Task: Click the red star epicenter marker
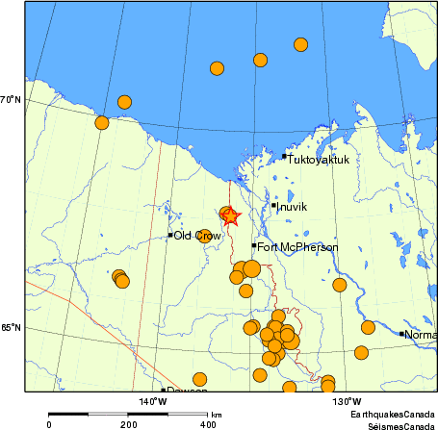pyautogui.click(x=230, y=216)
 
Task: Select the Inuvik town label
pyautogui.click(x=292, y=206)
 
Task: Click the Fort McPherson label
pyautogui.click(x=297, y=247)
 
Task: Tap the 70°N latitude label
pyautogui.click(x=12, y=100)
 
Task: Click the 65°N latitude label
pyautogui.click(x=12, y=329)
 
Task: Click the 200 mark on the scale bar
pyautogui.click(x=128, y=423)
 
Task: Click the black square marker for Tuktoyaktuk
pyautogui.click(x=284, y=156)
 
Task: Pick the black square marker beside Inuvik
pyautogui.click(x=273, y=205)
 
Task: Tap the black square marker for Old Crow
pyautogui.click(x=170, y=235)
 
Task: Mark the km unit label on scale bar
pyautogui.click(x=217, y=414)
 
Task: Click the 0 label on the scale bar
pyautogui.click(x=49, y=423)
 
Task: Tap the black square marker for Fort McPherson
pyautogui.click(x=254, y=245)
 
